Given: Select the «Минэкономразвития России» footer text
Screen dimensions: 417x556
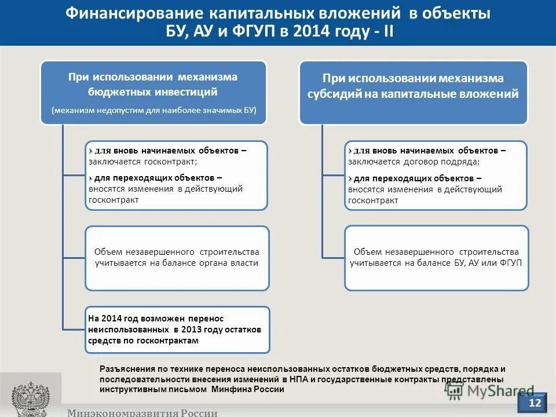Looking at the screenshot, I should pyautogui.click(x=142, y=412).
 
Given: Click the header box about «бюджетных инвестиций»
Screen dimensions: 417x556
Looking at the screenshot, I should pyautogui.click(x=153, y=92).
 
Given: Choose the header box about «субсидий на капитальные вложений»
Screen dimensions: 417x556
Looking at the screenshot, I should pyautogui.click(x=413, y=92).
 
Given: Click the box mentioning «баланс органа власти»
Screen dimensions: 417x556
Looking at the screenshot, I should pyautogui.click(x=177, y=258).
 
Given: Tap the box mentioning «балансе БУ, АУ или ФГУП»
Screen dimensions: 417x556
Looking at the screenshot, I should pyautogui.click(x=436, y=258).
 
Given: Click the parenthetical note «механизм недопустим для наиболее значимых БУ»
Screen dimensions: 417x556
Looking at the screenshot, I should pyautogui.click(x=153, y=110).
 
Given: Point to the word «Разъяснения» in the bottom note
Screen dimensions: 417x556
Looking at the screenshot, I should pyautogui.click(x=127, y=369).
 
